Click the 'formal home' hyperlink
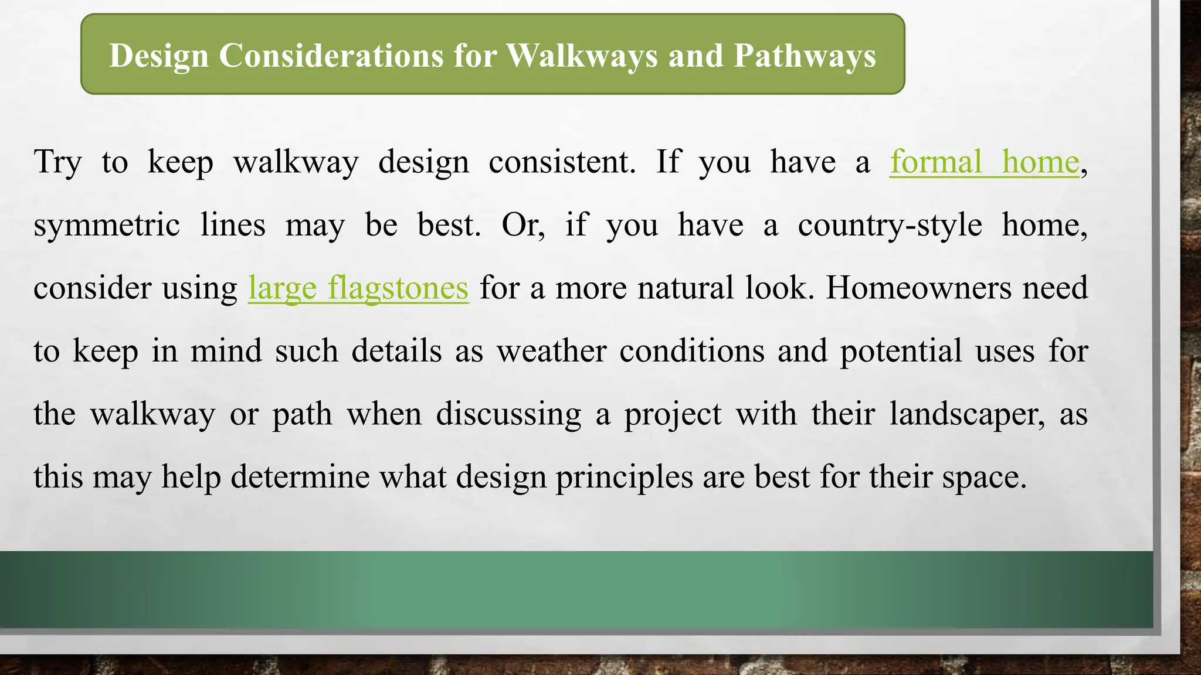click(984, 162)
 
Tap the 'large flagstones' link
click(358, 288)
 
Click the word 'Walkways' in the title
click(582, 56)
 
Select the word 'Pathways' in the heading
click(805, 56)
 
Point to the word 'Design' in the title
click(159, 56)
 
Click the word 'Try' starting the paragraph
click(57, 162)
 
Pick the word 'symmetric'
click(106, 225)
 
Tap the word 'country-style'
click(890, 225)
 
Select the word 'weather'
click(551, 351)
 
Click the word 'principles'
click(624, 477)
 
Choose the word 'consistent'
click(561, 162)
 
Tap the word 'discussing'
click(508, 414)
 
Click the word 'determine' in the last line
click(300, 477)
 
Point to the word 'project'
click(673, 414)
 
